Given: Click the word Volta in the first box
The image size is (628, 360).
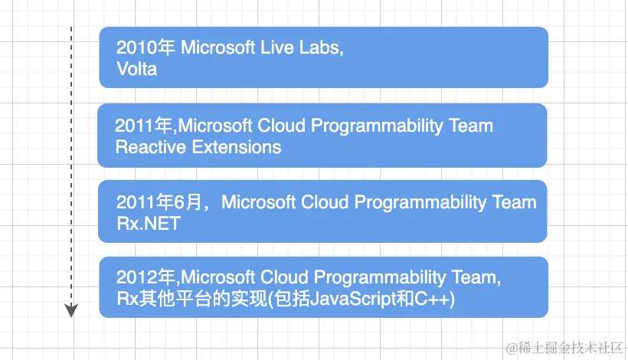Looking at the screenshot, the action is coord(136,69).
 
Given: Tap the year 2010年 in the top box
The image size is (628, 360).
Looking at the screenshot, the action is coord(146,47).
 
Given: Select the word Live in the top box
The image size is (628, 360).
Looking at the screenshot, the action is coord(277,47).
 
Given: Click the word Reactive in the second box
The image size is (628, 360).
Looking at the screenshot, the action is coord(151,147).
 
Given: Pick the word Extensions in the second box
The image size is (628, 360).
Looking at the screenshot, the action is coord(237,147).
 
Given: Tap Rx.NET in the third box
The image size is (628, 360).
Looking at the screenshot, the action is coord(149,224).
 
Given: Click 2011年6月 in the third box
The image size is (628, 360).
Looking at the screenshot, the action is coord(159,201).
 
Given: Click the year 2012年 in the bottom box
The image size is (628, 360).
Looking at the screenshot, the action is coord(146,277).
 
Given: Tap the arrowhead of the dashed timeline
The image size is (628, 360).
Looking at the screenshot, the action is coord(71,310).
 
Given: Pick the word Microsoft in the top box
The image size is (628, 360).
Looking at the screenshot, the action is coord(218,47).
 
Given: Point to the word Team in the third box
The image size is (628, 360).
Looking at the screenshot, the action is coord(514,201).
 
